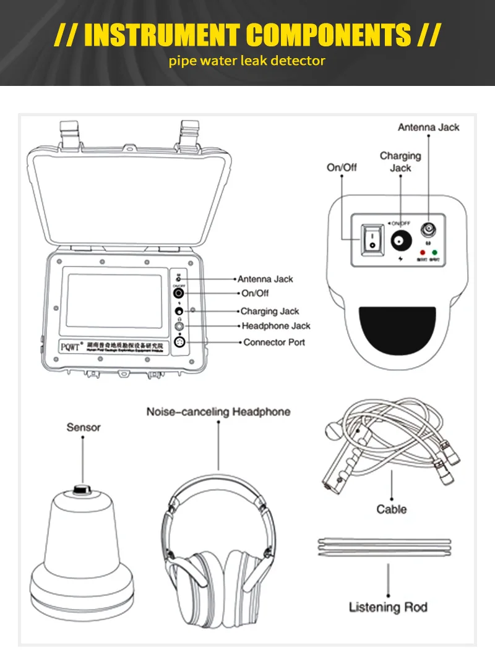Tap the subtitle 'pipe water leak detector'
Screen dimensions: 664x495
247,61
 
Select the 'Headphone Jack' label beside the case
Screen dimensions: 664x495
275,326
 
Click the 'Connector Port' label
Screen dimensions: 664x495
274,342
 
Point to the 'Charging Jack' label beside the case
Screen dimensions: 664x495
269,311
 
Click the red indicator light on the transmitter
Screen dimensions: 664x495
423,252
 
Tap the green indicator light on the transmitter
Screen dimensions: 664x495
435,252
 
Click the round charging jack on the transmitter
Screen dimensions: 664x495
400,240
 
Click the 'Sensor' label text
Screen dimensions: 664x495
84,427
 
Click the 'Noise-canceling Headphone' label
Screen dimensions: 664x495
218,412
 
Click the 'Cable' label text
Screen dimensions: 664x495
392,509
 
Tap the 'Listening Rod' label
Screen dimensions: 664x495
388,607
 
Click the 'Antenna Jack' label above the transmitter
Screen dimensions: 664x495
428,127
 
